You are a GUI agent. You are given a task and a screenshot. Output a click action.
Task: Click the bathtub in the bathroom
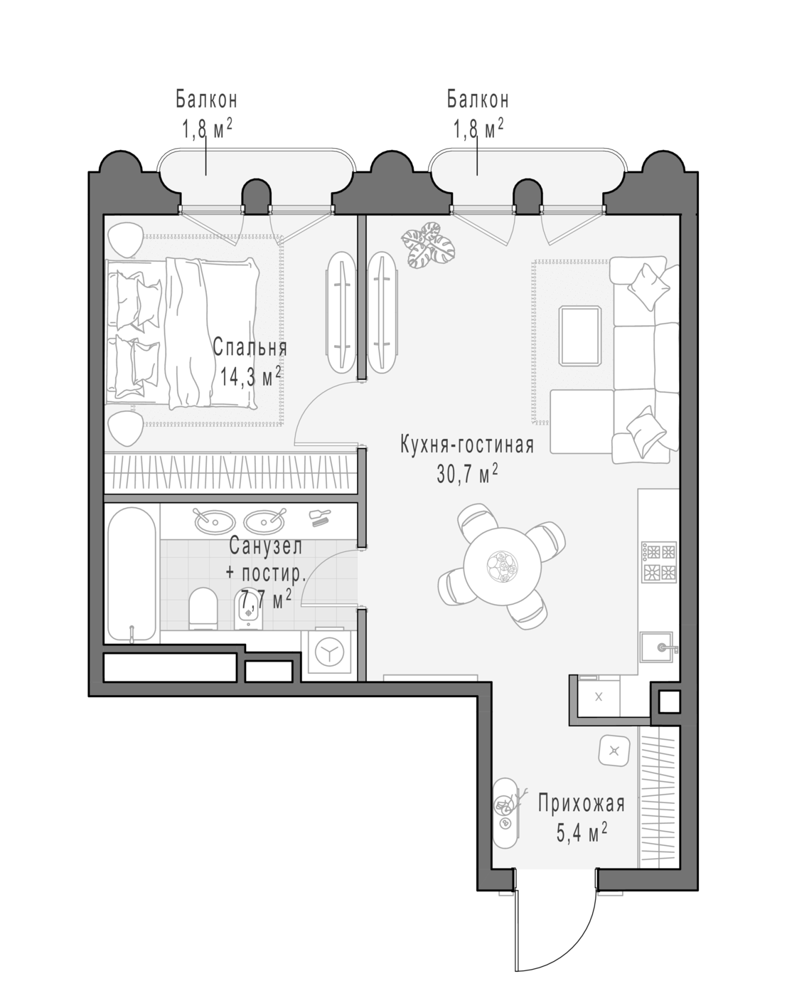(132, 575)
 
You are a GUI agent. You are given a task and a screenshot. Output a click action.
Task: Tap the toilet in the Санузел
(203, 608)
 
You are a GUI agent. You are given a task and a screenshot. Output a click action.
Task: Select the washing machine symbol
(329, 652)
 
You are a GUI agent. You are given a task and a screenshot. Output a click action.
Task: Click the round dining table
(503, 566)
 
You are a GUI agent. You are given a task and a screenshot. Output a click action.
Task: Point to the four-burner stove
(659, 562)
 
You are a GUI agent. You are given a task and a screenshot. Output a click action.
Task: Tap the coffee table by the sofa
(580, 336)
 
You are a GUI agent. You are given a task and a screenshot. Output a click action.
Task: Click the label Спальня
(250, 347)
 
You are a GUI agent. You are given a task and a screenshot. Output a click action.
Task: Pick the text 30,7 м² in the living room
(467, 474)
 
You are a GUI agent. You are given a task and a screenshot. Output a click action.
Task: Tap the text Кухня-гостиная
(467, 445)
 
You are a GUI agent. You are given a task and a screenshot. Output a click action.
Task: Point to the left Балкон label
(207, 100)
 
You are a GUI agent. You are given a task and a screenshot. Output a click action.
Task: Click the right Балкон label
(478, 100)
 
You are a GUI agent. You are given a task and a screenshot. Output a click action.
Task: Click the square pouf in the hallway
(614, 751)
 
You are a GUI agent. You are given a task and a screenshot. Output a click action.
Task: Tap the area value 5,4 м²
(582, 833)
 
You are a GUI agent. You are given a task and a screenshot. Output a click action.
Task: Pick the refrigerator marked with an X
(598, 697)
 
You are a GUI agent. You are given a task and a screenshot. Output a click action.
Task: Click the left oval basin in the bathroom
(215, 521)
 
